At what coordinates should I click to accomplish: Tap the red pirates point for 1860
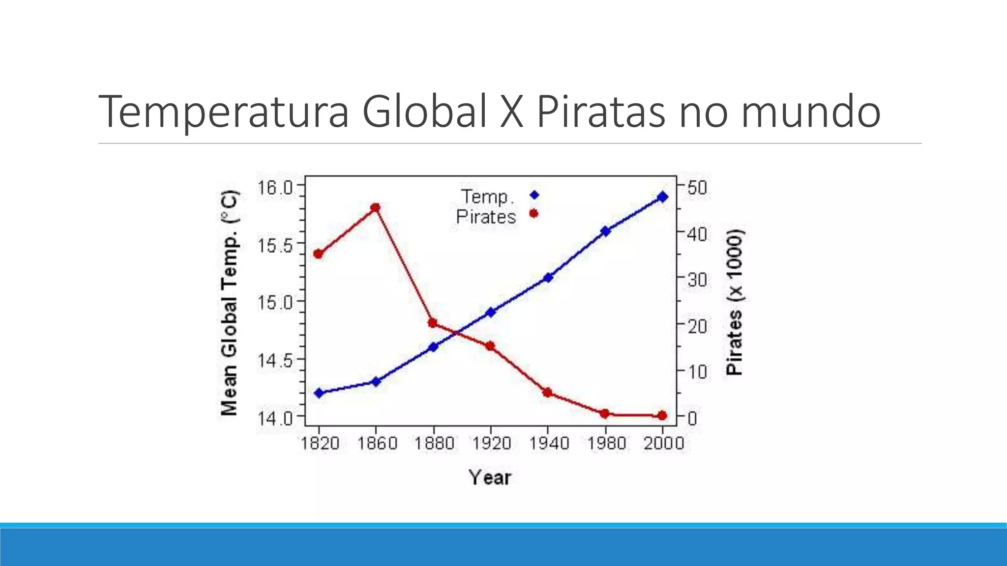point(375,208)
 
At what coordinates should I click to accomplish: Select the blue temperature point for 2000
point(662,197)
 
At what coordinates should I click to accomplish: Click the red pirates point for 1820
point(318,254)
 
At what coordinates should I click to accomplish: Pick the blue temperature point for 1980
point(605,231)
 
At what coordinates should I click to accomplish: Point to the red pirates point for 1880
point(433,323)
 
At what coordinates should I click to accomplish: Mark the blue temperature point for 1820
point(319,393)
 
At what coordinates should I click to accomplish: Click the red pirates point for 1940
point(547,393)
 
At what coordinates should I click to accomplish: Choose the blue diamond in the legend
point(534,195)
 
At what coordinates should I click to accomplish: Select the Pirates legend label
point(486,217)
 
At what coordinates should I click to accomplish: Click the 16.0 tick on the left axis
point(274,188)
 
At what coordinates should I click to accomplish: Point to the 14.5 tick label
point(274,361)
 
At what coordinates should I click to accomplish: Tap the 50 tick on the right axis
point(697,188)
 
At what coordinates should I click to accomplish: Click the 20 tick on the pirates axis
point(697,326)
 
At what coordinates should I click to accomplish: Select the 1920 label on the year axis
point(491,444)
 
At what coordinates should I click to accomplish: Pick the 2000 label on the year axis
point(664,444)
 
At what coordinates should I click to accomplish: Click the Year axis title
point(490,478)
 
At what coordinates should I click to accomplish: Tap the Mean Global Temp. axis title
point(230,302)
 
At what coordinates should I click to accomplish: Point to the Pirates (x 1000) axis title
point(735,302)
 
